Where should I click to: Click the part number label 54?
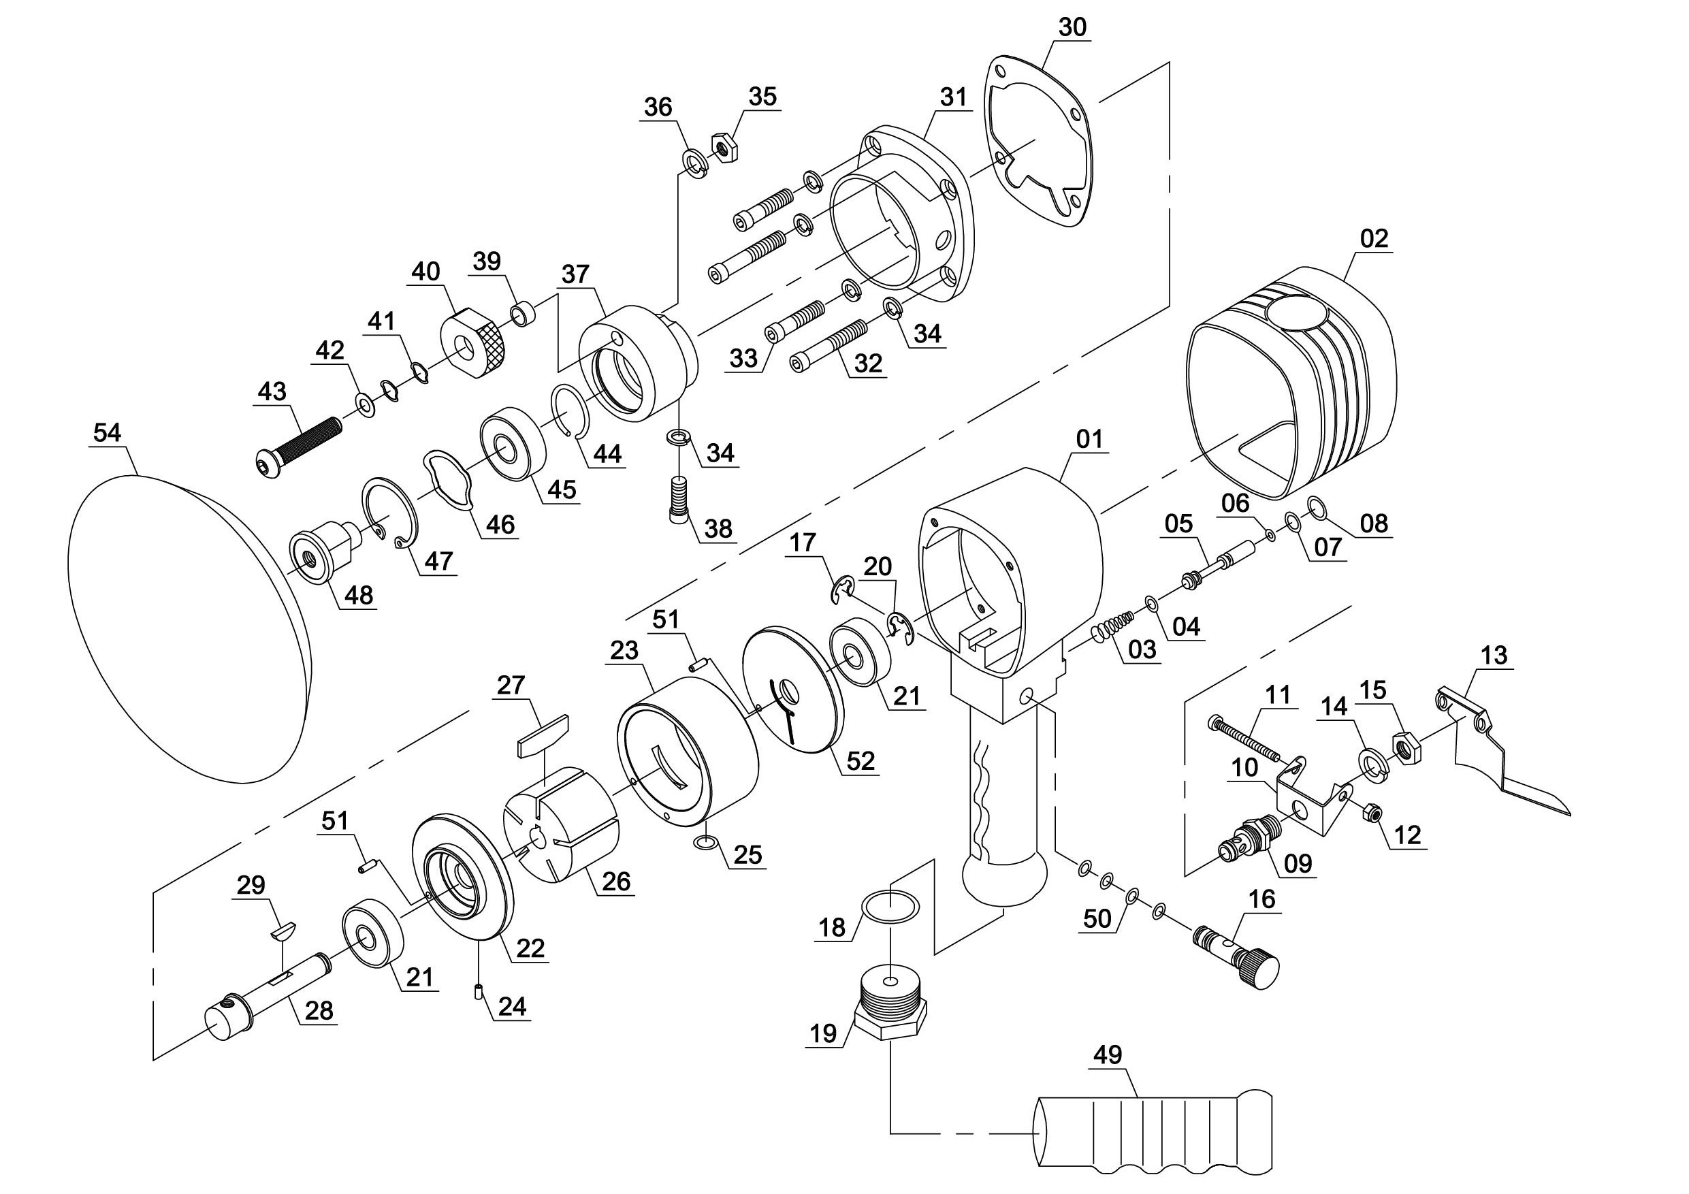pos(107,432)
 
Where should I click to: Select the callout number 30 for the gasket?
pos(1072,27)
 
